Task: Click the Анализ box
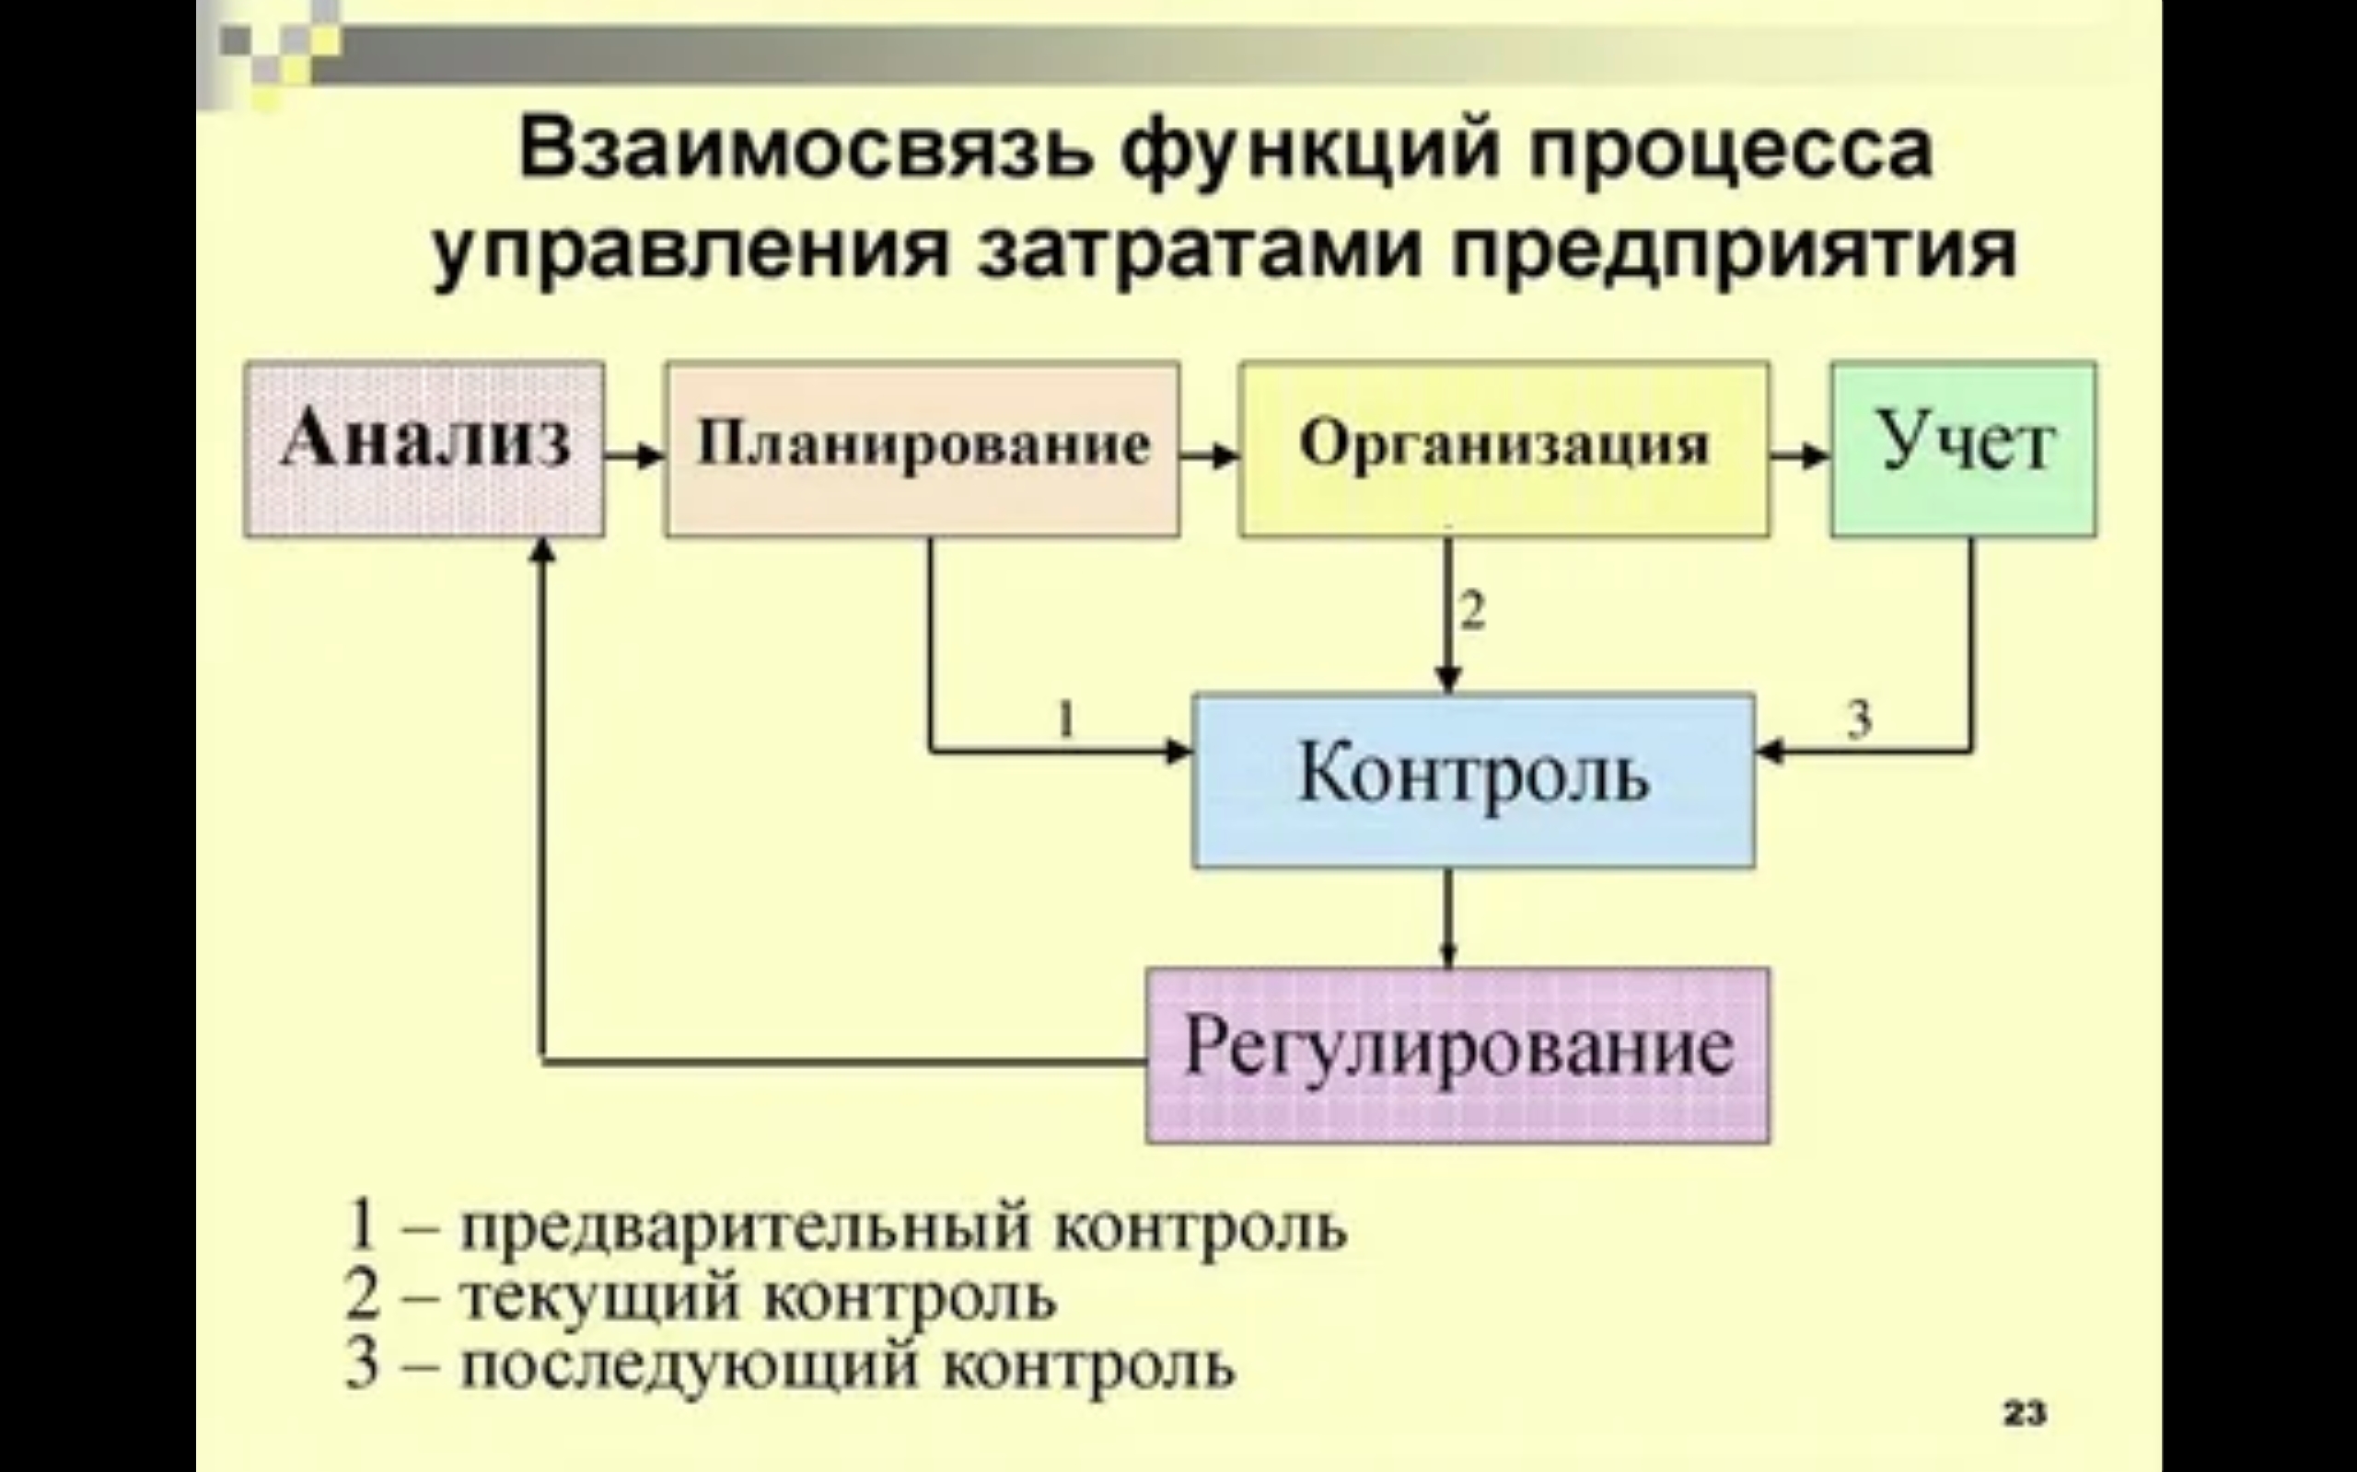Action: [x=424, y=449]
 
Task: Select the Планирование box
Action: [x=923, y=449]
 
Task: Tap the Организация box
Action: [x=1504, y=449]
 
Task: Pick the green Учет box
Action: [x=1964, y=449]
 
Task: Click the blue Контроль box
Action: [x=1474, y=780]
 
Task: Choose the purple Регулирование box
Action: [x=1457, y=1055]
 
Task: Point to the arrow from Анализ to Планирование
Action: [x=635, y=454]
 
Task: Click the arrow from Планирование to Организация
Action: [x=1210, y=454]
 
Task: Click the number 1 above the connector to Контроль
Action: [x=1065, y=721]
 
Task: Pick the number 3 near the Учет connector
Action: [x=1859, y=720]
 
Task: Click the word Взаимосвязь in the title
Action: [x=807, y=152]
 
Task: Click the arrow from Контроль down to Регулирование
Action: [x=1448, y=918]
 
